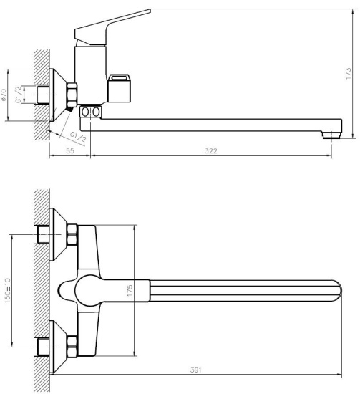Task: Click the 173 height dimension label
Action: [x=349, y=74]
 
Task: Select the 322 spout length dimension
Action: [x=211, y=151]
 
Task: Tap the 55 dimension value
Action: [x=70, y=151]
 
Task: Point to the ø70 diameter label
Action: [x=4, y=95]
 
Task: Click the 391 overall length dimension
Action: [x=196, y=370]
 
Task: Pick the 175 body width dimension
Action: [x=130, y=290]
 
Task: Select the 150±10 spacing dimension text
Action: [x=8, y=290]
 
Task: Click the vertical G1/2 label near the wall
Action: [x=19, y=95]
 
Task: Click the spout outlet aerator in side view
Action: [x=331, y=135]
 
